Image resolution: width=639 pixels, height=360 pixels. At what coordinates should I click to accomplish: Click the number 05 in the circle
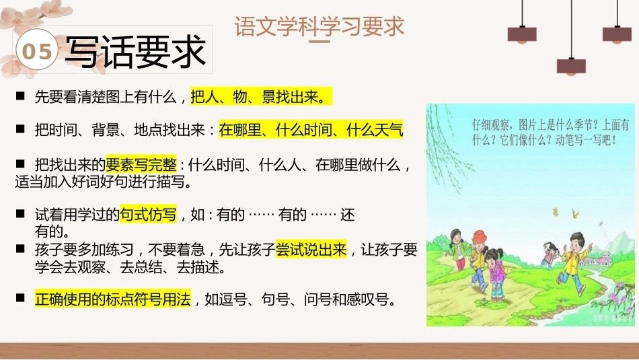(x=37, y=51)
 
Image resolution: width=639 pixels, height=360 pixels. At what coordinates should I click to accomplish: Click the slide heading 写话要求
(x=135, y=51)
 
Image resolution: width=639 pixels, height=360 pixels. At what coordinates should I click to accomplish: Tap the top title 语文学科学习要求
(x=319, y=26)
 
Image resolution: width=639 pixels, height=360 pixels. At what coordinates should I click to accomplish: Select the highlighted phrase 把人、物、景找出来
(x=261, y=97)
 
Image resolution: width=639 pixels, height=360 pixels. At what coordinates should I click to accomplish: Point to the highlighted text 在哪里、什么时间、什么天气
(x=311, y=129)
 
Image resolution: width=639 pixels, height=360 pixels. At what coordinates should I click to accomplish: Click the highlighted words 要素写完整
(x=141, y=164)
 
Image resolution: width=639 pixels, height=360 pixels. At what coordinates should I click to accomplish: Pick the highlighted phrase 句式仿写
(x=148, y=214)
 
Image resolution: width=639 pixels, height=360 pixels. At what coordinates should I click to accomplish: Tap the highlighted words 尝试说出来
(x=311, y=249)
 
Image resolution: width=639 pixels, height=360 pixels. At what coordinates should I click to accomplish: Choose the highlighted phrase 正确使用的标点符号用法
(x=112, y=299)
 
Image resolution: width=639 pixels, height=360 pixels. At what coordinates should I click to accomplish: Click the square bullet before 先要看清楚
(x=20, y=96)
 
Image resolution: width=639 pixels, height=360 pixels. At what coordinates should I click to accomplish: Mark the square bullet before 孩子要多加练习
(x=20, y=249)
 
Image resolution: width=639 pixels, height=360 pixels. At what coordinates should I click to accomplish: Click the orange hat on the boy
(x=480, y=236)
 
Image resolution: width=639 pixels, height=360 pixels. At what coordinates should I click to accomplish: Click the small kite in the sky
(x=601, y=224)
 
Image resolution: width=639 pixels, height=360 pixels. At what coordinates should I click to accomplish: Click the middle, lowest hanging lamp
(x=571, y=67)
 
